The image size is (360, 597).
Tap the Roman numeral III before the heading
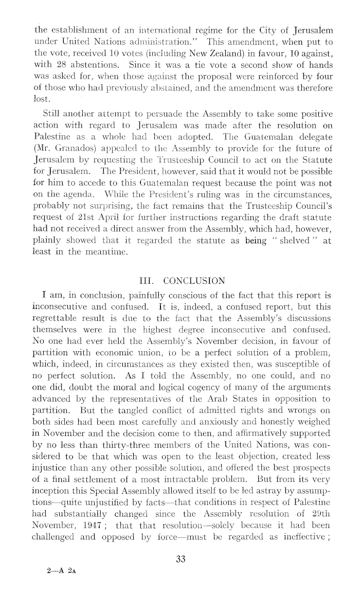pos(147,281)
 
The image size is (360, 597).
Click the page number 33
pos(181,559)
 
